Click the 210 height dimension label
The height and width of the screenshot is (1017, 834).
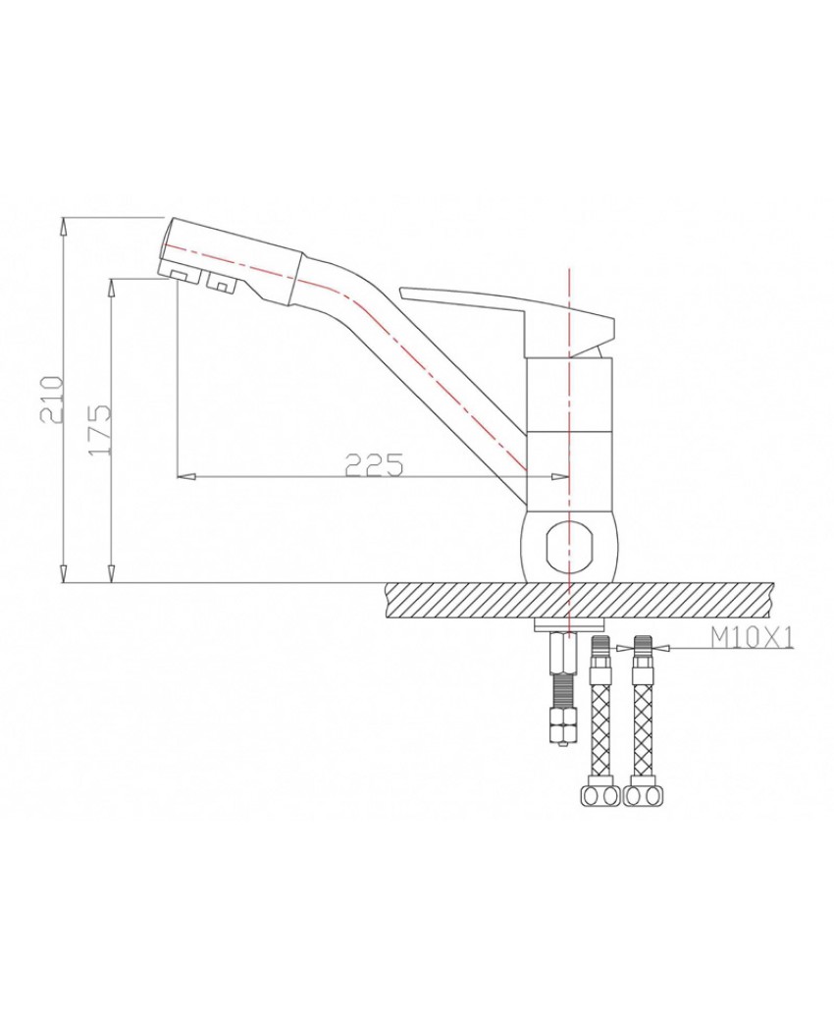click(52, 399)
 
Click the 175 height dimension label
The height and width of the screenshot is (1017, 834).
click(101, 430)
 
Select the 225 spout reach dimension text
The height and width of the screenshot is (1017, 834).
click(375, 464)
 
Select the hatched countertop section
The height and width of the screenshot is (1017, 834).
click(579, 601)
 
